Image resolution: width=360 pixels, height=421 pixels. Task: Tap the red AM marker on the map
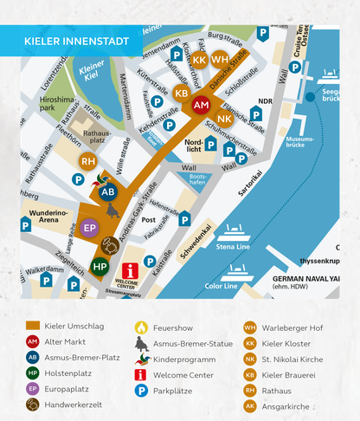pyautogui.click(x=201, y=105)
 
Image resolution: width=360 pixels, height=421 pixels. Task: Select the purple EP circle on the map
pyautogui.click(x=90, y=229)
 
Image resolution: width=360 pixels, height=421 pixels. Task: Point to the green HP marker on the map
pyautogui.click(x=100, y=266)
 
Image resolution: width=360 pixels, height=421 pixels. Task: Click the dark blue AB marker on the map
pyautogui.click(x=108, y=191)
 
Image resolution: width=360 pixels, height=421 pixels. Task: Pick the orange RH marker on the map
pyautogui.click(x=87, y=161)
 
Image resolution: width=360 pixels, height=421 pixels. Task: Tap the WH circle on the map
pyautogui.click(x=221, y=60)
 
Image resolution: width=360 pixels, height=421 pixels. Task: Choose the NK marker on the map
pyautogui.click(x=224, y=118)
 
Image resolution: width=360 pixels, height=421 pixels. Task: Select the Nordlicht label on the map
pyautogui.click(x=194, y=144)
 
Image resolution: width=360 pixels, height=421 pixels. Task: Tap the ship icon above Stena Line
pyautogui.click(x=235, y=232)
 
